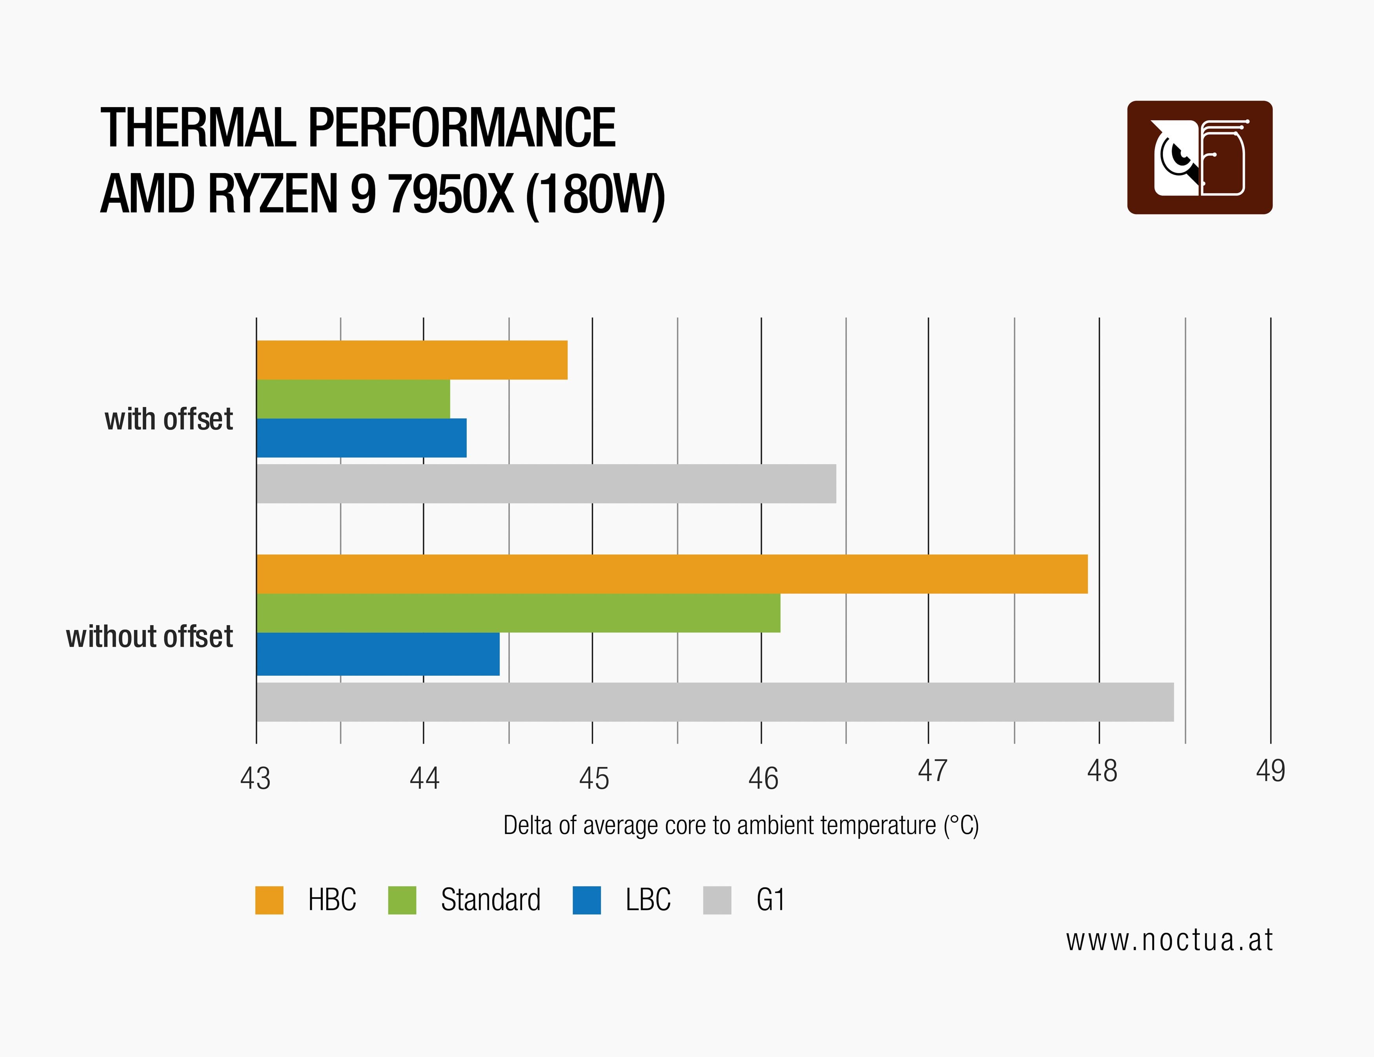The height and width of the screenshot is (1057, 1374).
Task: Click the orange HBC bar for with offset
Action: [412, 360]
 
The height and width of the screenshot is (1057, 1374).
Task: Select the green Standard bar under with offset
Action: [353, 399]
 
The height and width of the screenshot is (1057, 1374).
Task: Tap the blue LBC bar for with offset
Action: [361, 438]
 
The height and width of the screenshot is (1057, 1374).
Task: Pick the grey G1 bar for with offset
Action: [546, 484]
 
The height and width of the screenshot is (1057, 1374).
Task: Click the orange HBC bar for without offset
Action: [672, 574]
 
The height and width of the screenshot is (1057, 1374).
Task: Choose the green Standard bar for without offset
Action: [519, 613]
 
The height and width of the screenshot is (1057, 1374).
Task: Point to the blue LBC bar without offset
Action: [378, 654]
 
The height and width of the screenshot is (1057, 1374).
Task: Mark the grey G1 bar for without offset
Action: [715, 702]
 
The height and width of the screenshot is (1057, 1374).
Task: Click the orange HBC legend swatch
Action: [269, 900]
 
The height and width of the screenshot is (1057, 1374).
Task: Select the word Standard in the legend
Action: [491, 900]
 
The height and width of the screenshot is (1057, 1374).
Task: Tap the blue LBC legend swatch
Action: [587, 900]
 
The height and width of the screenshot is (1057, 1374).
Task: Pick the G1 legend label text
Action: [771, 900]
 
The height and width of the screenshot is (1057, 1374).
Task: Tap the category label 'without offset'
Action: [150, 637]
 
